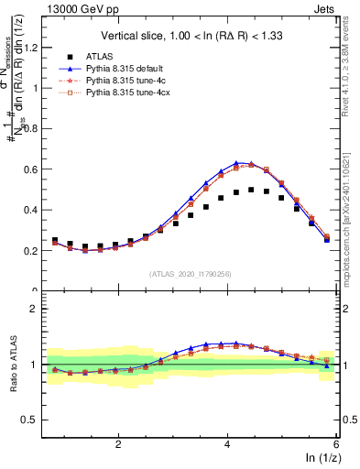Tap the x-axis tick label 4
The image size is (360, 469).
pyautogui.click(x=227, y=442)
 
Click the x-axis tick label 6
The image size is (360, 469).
pyautogui.click(x=336, y=442)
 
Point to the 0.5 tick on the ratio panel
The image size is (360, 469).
pyautogui.click(x=32, y=420)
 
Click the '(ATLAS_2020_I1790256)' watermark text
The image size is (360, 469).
pyautogui.click(x=190, y=273)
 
